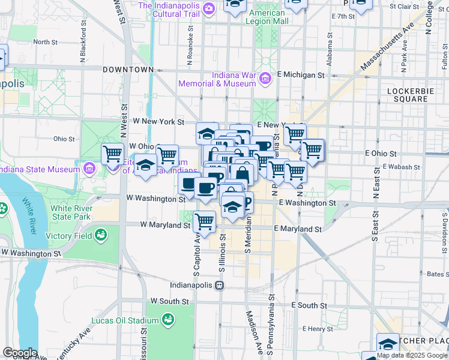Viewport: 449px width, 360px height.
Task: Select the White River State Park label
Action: click(x=71, y=212)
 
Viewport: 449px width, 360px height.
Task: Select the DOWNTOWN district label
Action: click(x=128, y=70)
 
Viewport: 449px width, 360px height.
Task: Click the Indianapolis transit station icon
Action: click(x=220, y=286)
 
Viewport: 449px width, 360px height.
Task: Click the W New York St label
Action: click(x=158, y=122)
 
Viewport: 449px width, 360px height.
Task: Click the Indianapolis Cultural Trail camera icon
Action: click(x=208, y=8)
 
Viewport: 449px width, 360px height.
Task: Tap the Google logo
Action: click(x=20, y=353)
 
